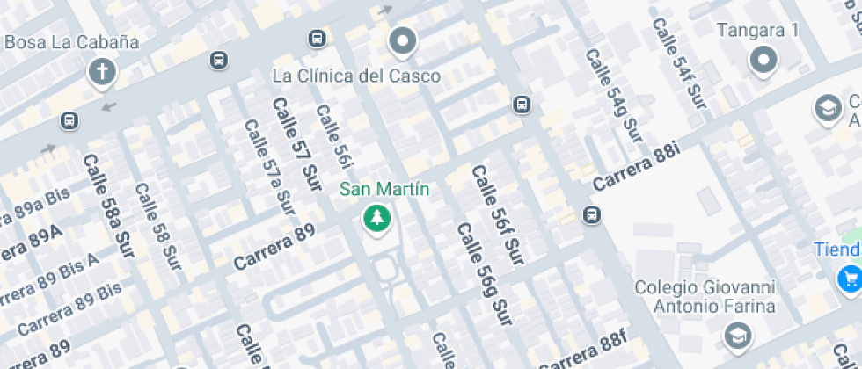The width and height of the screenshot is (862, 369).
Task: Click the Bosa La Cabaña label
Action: [72, 41]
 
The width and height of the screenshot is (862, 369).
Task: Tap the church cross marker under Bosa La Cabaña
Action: [103, 72]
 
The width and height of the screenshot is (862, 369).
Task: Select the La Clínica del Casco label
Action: [356, 76]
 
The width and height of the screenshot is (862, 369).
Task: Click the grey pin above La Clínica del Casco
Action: [403, 40]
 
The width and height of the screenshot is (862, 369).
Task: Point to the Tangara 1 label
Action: [757, 31]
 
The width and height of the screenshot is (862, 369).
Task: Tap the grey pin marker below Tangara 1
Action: [763, 61]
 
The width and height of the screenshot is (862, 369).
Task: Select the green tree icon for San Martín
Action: [377, 218]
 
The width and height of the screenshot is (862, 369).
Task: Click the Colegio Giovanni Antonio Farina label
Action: [705, 297]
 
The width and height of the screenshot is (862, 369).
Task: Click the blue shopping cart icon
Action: [849, 279]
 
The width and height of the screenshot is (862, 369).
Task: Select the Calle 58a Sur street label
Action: [109, 206]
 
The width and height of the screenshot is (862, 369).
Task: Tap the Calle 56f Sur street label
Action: [497, 214]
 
